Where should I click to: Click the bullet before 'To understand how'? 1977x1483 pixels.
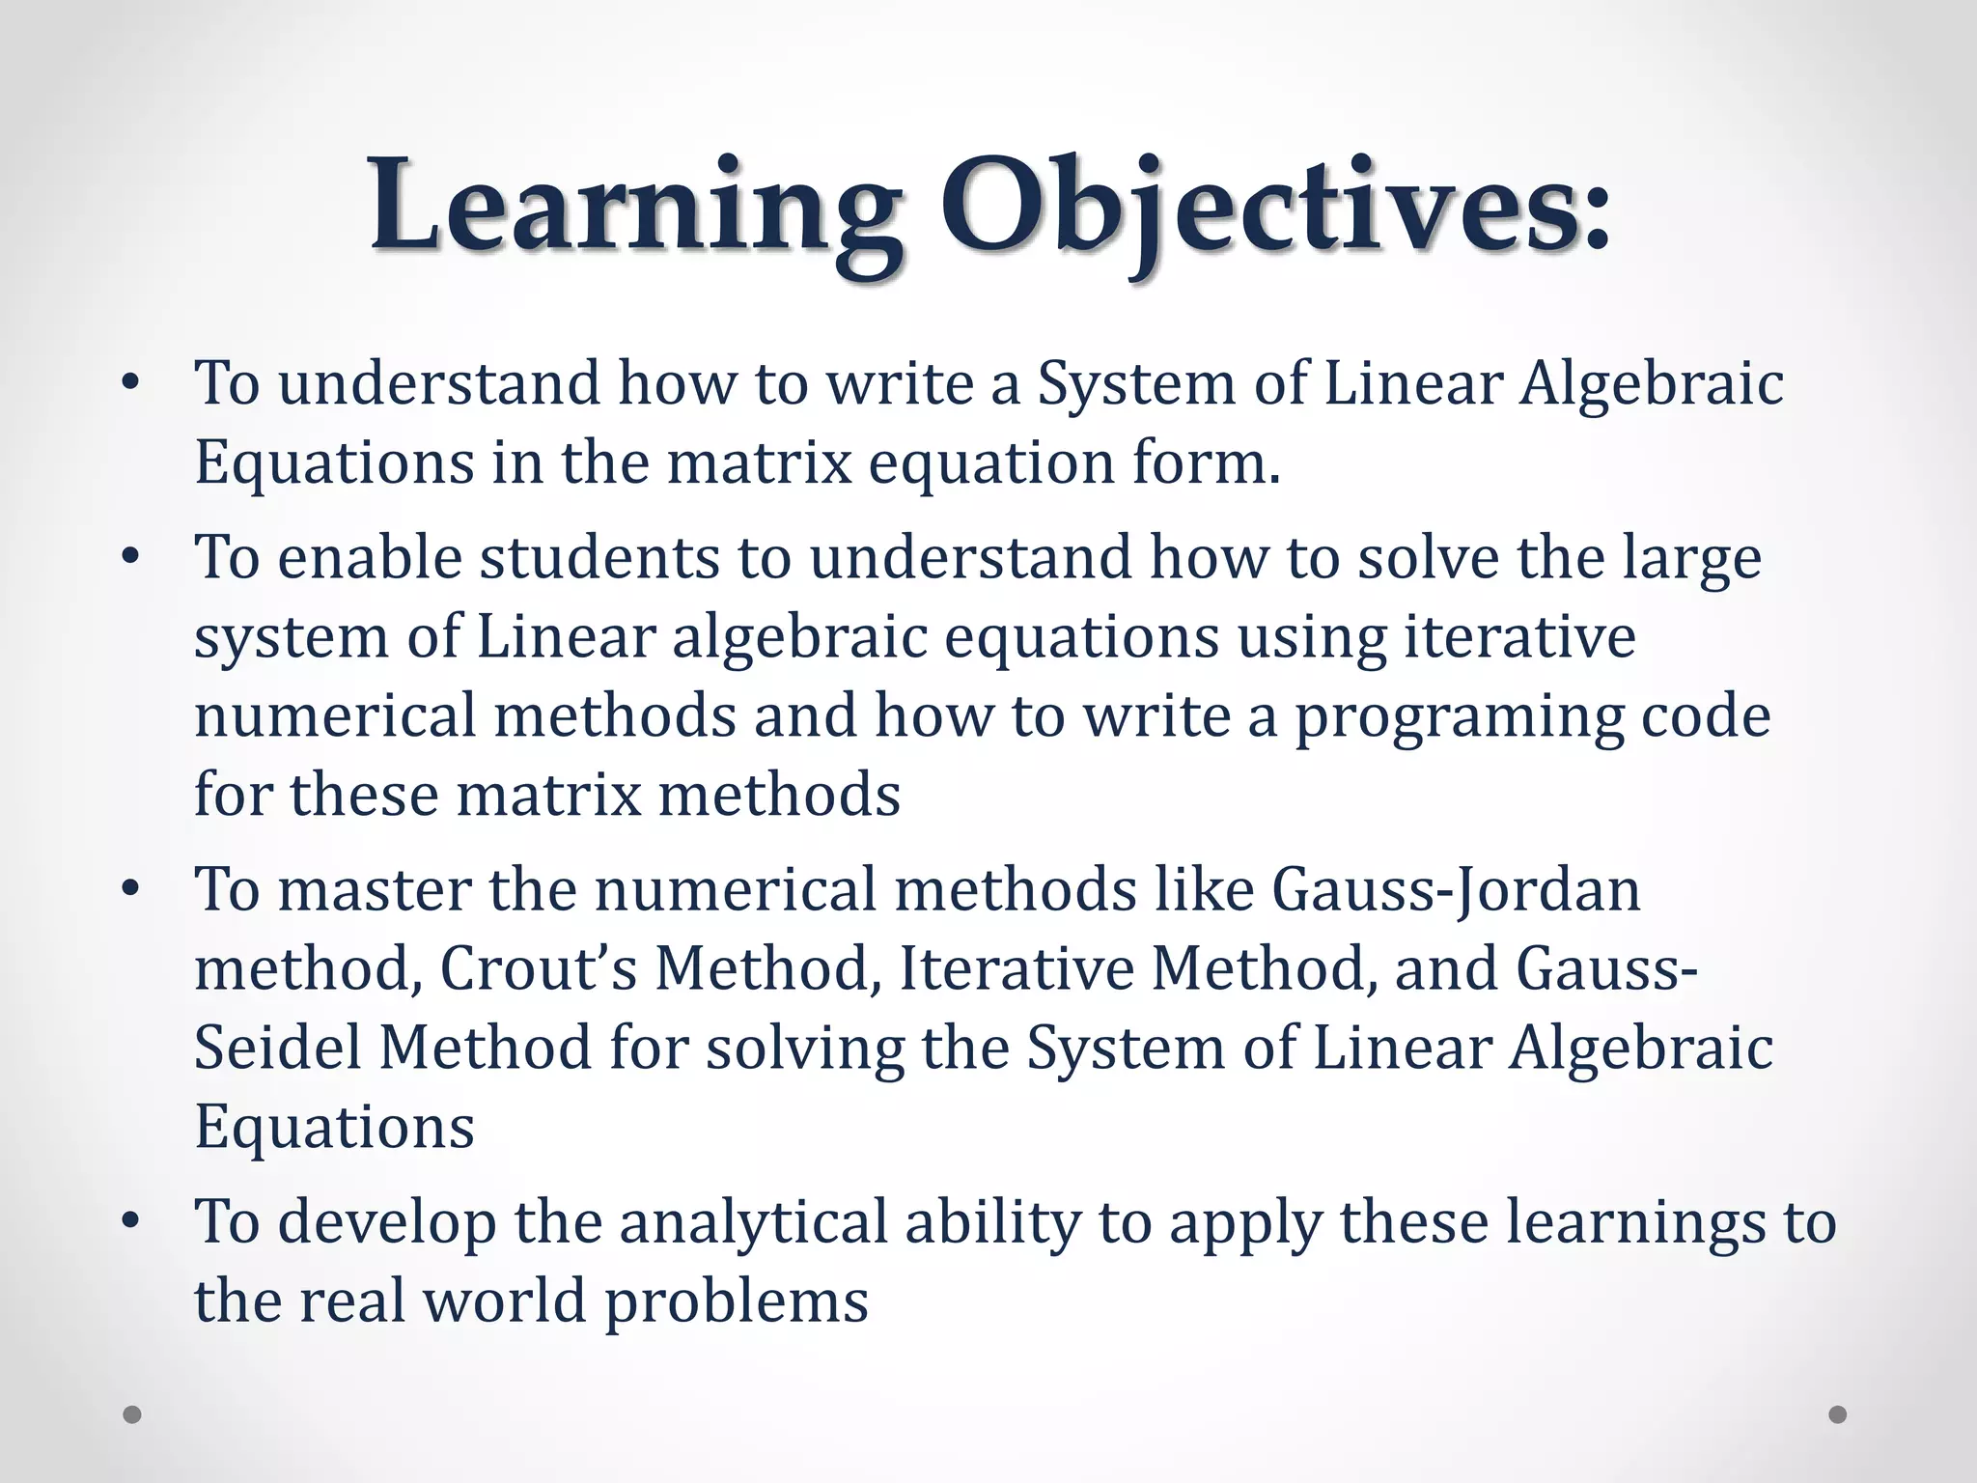tap(131, 383)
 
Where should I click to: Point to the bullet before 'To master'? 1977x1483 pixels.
tap(131, 889)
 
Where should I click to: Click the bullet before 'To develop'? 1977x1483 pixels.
tap(131, 1221)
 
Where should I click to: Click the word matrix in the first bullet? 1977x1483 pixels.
tap(759, 462)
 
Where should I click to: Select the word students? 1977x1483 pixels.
tap(599, 559)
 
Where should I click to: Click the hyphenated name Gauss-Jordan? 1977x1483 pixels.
tap(1456, 891)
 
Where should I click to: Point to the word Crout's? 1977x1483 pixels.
tap(538, 968)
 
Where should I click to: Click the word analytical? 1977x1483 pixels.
tap(753, 1223)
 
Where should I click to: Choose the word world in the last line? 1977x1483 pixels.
tap(505, 1301)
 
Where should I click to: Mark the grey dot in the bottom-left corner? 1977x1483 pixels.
tap(132, 1414)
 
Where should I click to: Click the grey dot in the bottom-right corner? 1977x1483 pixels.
tap(1838, 1414)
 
